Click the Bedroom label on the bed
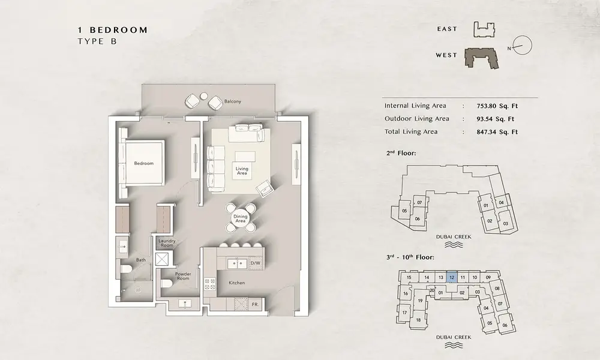(x=143, y=163)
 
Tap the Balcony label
(x=233, y=101)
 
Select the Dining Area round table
(x=241, y=218)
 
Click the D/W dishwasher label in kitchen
(x=255, y=263)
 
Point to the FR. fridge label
(x=255, y=305)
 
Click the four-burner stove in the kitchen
(x=209, y=283)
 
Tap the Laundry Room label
(x=167, y=243)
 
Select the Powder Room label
(x=183, y=276)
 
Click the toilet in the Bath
(x=125, y=268)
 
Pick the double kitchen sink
(x=237, y=263)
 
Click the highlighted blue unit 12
(x=452, y=277)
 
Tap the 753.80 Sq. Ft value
(x=497, y=106)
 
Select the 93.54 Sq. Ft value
(x=495, y=119)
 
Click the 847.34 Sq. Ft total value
(x=497, y=132)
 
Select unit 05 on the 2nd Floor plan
(x=404, y=211)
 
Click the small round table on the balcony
(x=203, y=95)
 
